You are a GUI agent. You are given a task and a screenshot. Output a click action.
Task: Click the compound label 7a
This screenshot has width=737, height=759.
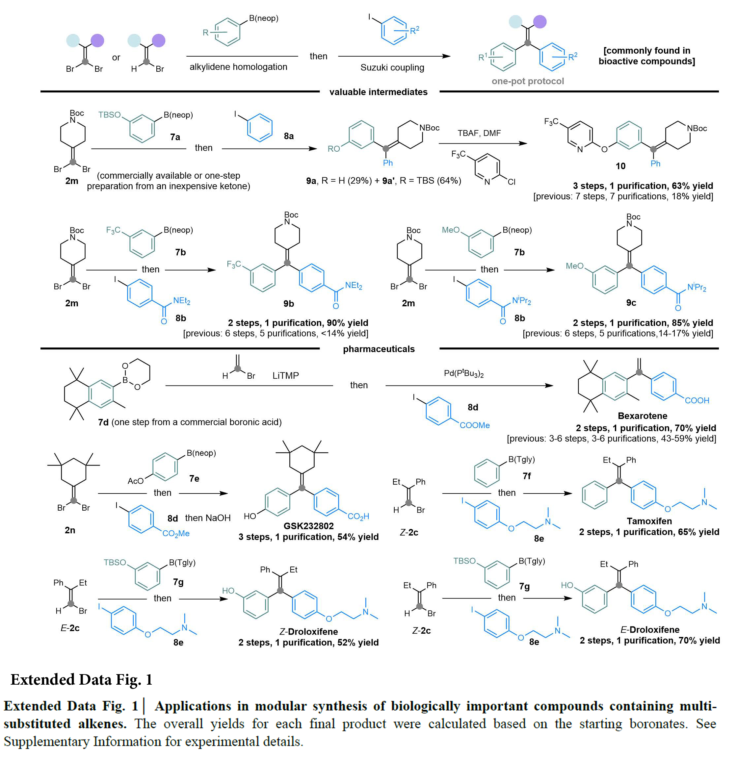175,137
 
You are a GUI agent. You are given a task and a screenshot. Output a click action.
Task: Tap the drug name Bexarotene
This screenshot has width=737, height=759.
642,416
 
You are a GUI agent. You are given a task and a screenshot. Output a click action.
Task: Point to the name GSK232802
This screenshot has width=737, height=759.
308,526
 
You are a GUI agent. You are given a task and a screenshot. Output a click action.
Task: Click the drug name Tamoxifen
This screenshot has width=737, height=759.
649,521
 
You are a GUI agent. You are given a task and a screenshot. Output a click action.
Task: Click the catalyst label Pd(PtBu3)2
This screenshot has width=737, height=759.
463,374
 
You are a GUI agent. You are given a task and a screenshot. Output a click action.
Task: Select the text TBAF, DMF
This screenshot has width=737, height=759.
479,133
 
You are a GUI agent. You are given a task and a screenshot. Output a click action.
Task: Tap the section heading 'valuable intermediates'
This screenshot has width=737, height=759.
378,92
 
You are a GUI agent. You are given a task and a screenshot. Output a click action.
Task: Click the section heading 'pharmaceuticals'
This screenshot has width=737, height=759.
378,349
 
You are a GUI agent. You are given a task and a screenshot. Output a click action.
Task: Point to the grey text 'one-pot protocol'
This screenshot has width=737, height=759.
527,81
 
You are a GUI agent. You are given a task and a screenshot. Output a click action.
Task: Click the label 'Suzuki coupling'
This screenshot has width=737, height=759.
392,68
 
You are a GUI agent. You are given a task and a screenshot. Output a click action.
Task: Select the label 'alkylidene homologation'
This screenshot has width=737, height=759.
238,67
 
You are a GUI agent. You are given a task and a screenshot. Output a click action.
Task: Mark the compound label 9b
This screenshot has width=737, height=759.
288,304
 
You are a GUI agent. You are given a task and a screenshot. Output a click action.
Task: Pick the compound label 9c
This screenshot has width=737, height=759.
631,303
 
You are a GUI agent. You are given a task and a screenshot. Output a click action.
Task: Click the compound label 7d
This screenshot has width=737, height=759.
103,422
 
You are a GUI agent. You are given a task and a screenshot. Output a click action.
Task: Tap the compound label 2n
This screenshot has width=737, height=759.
70,530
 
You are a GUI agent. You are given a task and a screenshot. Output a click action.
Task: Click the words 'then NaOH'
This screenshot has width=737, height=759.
208,518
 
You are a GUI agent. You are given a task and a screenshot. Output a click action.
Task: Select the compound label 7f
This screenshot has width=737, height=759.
527,476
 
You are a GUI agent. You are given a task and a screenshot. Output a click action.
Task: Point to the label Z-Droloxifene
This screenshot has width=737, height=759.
308,632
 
